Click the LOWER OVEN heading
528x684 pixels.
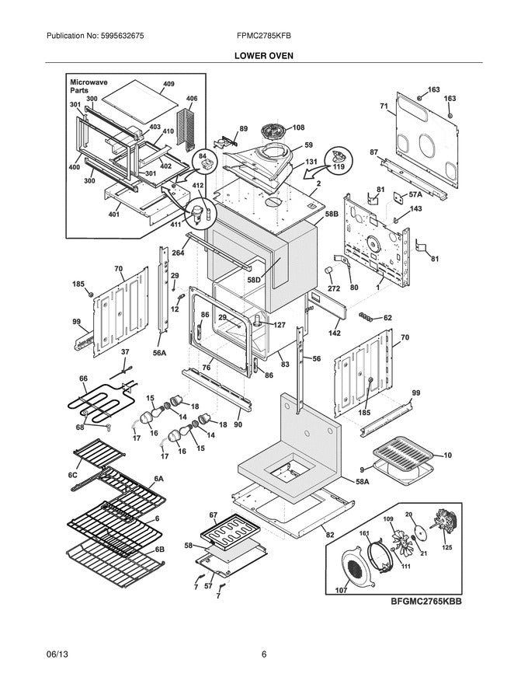(264, 56)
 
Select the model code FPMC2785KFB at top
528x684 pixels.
(264, 37)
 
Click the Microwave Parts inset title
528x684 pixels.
(89, 85)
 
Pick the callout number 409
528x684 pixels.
(168, 83)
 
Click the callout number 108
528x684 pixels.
(298, 127)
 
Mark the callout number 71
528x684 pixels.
(384, 106)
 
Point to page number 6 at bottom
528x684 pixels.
(264, 654)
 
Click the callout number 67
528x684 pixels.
(213, 515)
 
